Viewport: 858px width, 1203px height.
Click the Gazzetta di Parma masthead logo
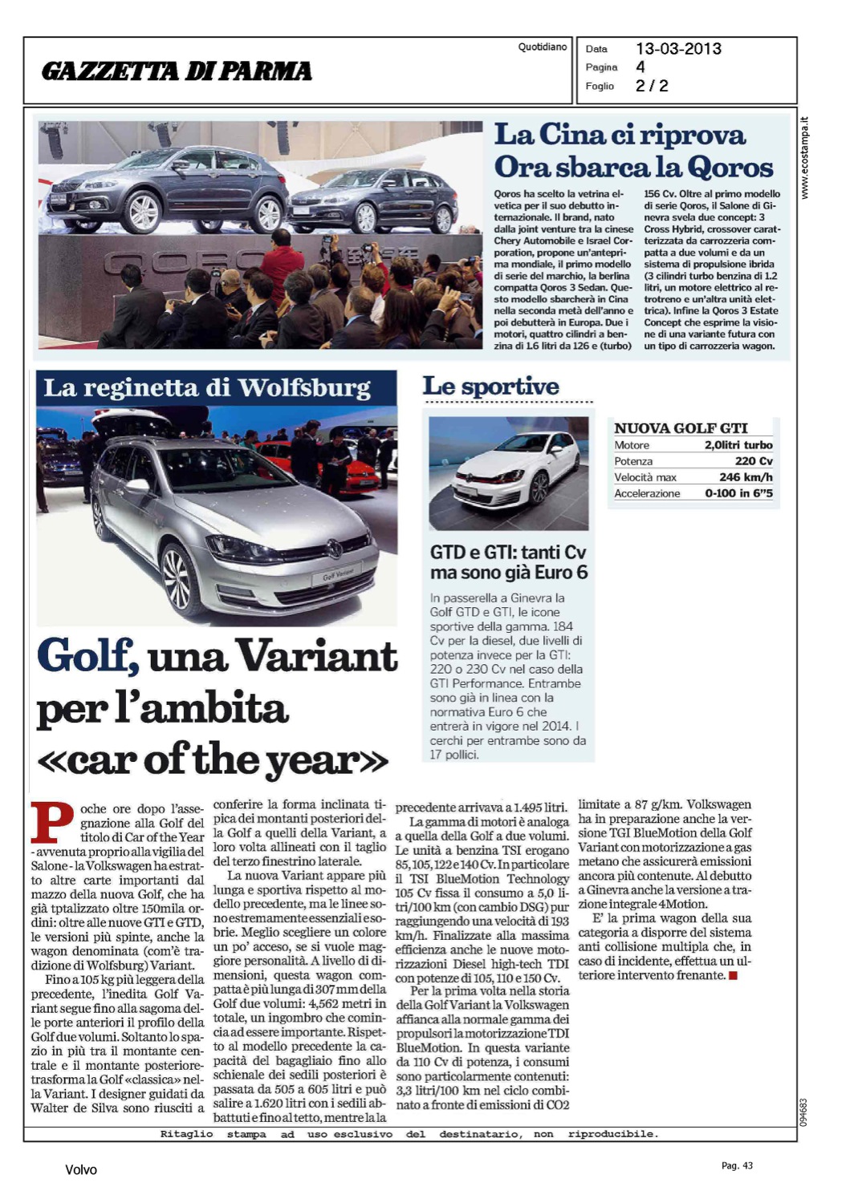click(177, 71)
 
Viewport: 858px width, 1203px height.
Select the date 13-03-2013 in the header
click(678, 49)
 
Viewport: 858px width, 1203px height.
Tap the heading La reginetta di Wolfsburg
click(207, 388)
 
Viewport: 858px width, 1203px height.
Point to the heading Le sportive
click(490, 387)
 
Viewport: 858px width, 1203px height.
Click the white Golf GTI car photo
click(508, 473)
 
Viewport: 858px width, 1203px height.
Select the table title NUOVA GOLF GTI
click(681, 428)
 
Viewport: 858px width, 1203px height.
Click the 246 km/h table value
click(746, 477)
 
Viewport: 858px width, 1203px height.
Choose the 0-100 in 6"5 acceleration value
click(738, 493)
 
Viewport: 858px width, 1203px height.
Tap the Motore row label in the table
click(632, 445)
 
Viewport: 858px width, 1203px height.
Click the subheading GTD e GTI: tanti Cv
click(508, 553)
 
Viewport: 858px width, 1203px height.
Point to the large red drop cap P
click(52, 824)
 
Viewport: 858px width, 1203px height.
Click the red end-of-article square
click(733, 976)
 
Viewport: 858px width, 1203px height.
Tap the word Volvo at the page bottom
click(81, 1170)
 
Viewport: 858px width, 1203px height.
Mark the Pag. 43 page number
click(737, 1165)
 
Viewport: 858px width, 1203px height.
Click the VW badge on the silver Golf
click(334, 549)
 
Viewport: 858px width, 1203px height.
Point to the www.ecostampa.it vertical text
click(805, 158)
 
